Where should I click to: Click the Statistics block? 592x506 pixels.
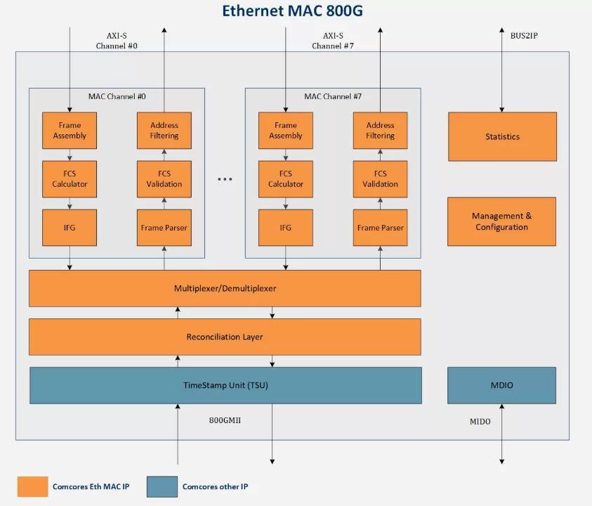502,136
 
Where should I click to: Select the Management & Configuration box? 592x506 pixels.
501,221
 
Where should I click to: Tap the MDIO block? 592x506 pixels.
501,385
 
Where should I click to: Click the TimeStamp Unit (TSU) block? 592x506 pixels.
225,385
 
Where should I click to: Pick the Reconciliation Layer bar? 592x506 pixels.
225,337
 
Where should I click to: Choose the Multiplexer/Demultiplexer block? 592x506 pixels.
225,288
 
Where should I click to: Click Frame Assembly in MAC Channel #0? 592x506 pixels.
70,131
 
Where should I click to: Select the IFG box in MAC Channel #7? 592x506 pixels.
286,228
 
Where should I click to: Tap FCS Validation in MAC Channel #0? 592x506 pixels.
164,179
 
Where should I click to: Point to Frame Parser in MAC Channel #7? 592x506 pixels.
380,228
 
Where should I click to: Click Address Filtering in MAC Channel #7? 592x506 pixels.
380,131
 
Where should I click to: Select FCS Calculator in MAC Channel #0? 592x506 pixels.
70,179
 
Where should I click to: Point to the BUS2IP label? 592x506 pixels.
524,34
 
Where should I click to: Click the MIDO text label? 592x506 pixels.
480,422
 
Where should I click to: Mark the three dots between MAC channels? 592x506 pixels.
225,179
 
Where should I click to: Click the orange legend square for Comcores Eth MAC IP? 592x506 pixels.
32,486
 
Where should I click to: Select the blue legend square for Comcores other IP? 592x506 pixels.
162,486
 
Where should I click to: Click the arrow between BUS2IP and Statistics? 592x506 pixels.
501,70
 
